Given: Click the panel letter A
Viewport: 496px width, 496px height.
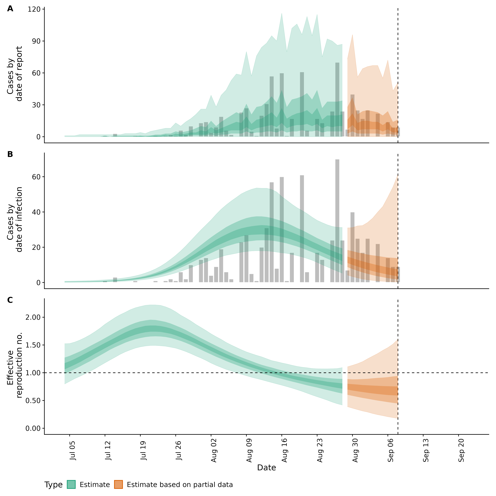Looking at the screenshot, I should [10, 9].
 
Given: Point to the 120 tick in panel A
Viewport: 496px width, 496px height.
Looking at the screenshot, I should [34, 10].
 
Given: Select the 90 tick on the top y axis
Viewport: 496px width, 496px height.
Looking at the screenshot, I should [36, 41].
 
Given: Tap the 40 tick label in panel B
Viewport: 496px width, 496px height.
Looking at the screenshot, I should [36, 212].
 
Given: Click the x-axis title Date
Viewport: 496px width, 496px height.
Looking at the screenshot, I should [266, 468].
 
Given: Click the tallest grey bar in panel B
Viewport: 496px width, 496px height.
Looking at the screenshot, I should [337, 221].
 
